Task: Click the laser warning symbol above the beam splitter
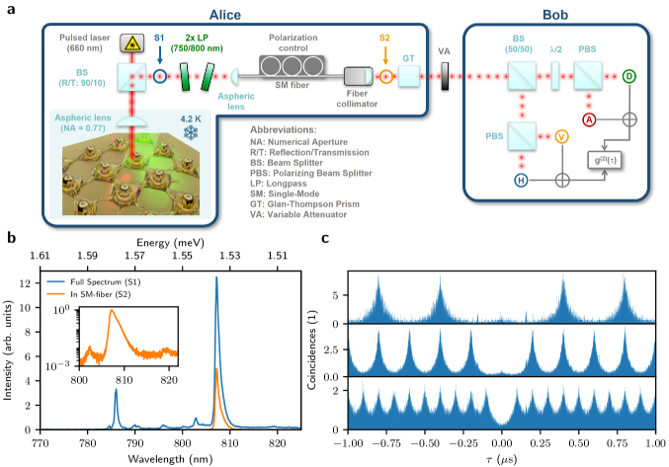pos(130,42)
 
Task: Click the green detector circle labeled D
pos(629,75)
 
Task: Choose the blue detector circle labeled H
pos(521,180)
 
